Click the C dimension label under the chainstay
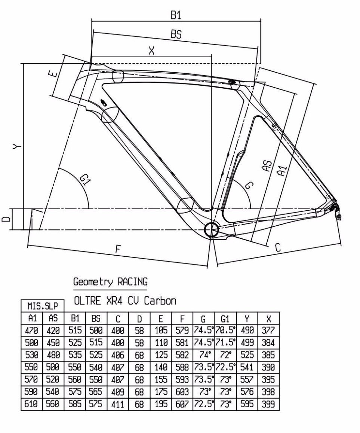click(x=278, y=247)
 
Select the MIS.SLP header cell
click(x=42, y=306)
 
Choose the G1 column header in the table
click(x=225, y=318)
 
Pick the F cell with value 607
click(x=182, y=404)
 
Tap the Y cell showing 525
click(x=247, y=355)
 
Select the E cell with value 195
click(x=160, y=404)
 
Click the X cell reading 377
click(x=268, y=330)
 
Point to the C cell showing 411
click(x=117, y=404)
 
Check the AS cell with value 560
click(x=53, y=404)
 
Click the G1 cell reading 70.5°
click(x=225, y=330)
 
